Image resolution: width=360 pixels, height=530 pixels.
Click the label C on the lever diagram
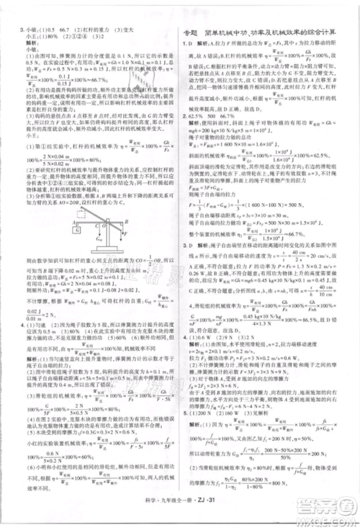coord(134,221)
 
